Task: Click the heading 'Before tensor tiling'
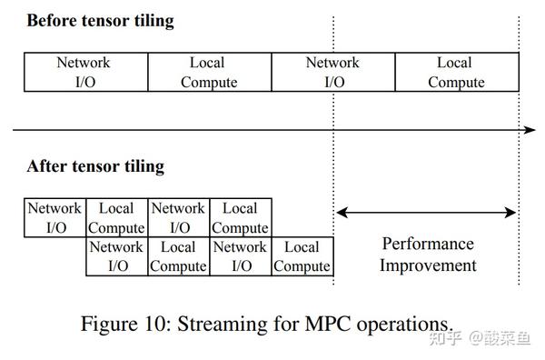pyautogui.click(x=100, y=20)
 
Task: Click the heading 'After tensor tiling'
pyautogui.click(x=95, y=166)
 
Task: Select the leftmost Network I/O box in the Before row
pyautogui.click(x=84, y=73)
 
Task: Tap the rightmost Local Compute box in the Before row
pyautogui.click(x=456, y=73)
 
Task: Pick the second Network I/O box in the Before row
pyautogui.click(x=332, y=73)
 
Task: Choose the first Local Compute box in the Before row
pyautogui.click(x=209, y=73)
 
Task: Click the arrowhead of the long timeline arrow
pyautogui.click(x=531, y=130)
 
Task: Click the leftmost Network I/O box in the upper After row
pyautogui.click(x=54, y=218)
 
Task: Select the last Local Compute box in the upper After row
pyautogui.click(x=240, y=218)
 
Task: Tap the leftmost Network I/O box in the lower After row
pyautogui.click(x=117, y=256)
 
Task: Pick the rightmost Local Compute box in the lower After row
pyautogui.click(x=302, y=256)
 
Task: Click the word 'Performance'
pyautogui.click(x=428, y=244)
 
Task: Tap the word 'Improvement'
pyautogui.click(x=428, y=265)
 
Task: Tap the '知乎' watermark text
pyautogui.click(x=448, y=338)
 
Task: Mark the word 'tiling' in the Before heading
pyautogui.click(x=151, y=20)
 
